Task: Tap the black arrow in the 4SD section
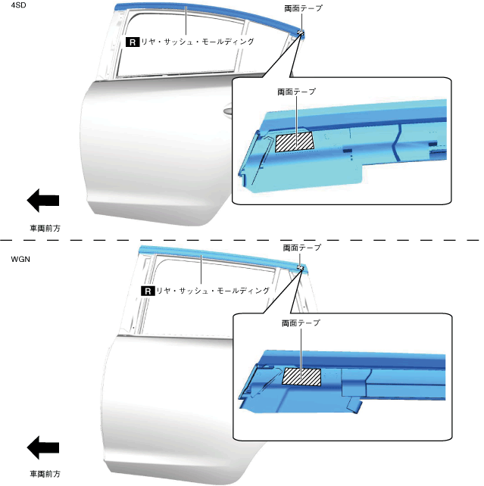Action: (x=43, y=200)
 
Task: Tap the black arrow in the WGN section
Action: (x=43, y=447)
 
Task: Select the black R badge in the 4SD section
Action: (x=133, y=42)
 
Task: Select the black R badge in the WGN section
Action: (x=148, y=290)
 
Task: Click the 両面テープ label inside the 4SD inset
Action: (x=298, y=91)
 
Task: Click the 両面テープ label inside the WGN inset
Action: (x=301, y=323)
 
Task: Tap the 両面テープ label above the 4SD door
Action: (x=302, y=8)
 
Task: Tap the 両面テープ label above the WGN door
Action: (x=301, y=248)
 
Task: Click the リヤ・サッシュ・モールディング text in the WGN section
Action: (x=213, y=290)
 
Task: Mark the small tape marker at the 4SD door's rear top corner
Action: (x=301, y=32)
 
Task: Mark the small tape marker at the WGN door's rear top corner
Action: (x=301, y=267)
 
